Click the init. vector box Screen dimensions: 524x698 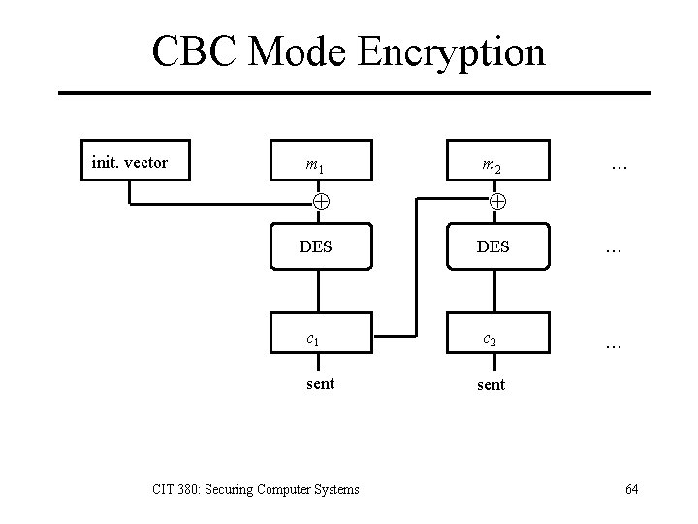[129, 162]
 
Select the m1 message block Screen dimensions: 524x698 [315, 166]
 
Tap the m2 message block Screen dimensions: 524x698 [494, 166]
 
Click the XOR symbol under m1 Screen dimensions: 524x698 [316, 202]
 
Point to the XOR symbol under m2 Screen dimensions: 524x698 [495, 202]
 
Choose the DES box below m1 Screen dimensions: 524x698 [315, 246]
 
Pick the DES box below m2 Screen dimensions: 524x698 [494, 246]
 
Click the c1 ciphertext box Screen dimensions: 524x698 [315, 339]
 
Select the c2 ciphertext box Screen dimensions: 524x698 [494, 339]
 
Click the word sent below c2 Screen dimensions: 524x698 [491, 384]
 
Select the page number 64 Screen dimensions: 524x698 [631, 489]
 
